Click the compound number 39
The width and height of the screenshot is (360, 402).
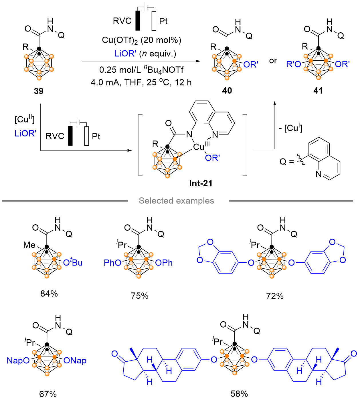tap(39, 91)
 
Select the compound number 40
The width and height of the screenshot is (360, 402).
tap(227, 90)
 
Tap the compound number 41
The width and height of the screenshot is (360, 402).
tap(318, 90)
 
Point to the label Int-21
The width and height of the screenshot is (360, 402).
tap(201, 183)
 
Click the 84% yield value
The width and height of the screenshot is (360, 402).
tap(49, 294)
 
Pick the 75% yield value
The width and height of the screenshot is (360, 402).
tap(140, 296)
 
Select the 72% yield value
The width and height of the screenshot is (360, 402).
tap(275, 296)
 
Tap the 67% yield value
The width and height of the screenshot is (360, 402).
tap(48, 394)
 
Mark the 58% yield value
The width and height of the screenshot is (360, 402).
tap(239, 394)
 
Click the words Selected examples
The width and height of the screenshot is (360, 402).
tap(176, 201)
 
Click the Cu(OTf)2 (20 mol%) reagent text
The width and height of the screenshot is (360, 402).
tap(141, 40)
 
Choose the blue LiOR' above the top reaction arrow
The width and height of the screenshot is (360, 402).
tap(125, 54)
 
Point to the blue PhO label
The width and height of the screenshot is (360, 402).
tap(112, 263)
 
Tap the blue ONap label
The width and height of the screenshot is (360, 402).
tap(75, 361)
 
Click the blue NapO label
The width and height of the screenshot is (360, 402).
tap(18, 361)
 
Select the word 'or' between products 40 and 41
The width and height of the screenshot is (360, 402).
tap(273, 61)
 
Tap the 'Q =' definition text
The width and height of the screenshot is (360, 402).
tap(286, 162)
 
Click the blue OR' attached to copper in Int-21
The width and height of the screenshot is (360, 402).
tap(212, 158)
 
